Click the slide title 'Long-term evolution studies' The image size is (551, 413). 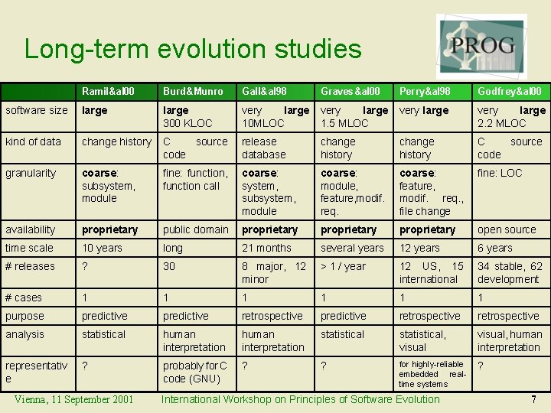pyautogui.click(x=193, y=49)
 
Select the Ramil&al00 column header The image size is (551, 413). pyautogui.click(x=108, y=92)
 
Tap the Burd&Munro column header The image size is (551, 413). pyautogui.click(x=192, y=92)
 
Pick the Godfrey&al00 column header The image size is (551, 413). pyautogui.click(x=509, y=92)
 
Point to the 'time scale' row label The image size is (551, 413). pyautogui.click(x=30, y=249)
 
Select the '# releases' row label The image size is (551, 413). pyautogui.click(x=30, y=267)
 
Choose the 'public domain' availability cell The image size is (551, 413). pyautogui.click(x=195, y=230)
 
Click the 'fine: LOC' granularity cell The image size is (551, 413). pyautogui.click(x=499, y=174)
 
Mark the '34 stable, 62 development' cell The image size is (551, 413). pyautogui.click(x=510, y=273)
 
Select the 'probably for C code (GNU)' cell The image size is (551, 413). pyautogui.click(x=195, y=372)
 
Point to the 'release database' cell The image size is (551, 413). pyautogui.click(x=264, y=148)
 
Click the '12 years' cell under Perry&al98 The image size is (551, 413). pyautogui.click(x=419, y=249)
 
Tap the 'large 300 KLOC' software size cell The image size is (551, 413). pyautogui.click(x=187, y=117)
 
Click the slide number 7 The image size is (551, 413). pyautogui.click(x=533, y=399)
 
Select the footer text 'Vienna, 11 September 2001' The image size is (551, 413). pyautogui.click(x=73, y=399)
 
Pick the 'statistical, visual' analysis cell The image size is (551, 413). pyautogui.click(x=422, y=341)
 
